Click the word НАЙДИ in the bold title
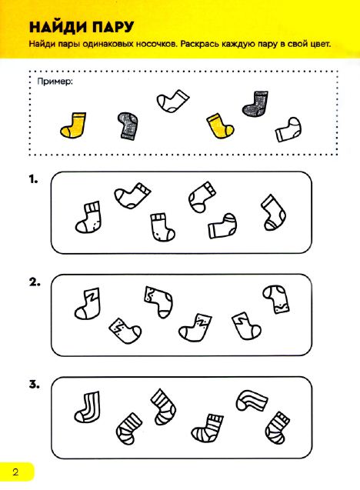58,27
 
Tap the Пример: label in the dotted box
55,82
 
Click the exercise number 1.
33,180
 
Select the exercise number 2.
35,282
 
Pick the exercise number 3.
35,385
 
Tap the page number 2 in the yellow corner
15,472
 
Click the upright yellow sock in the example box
74,125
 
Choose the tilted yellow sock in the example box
220,125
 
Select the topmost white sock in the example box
173,102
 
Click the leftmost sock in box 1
88,218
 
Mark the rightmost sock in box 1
273,213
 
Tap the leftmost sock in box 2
88,304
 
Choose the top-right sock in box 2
276,299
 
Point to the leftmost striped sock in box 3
88,407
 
